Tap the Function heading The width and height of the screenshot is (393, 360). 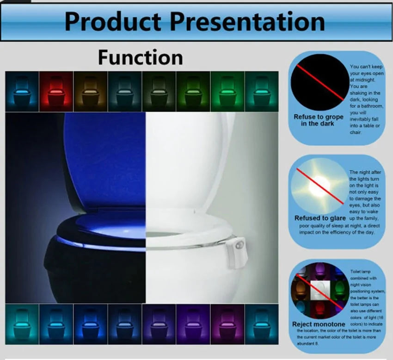point(140,58)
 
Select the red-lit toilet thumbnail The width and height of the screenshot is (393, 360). point(56,91)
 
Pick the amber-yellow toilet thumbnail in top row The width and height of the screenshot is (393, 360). point(90,91)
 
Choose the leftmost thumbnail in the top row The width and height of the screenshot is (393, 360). point(22,91)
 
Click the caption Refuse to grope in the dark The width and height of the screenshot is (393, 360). point(319,120)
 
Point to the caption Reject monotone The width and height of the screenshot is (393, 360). point(319,324)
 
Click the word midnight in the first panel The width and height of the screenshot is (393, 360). point(362,80)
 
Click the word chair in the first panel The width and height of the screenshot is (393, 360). point(356,132)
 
